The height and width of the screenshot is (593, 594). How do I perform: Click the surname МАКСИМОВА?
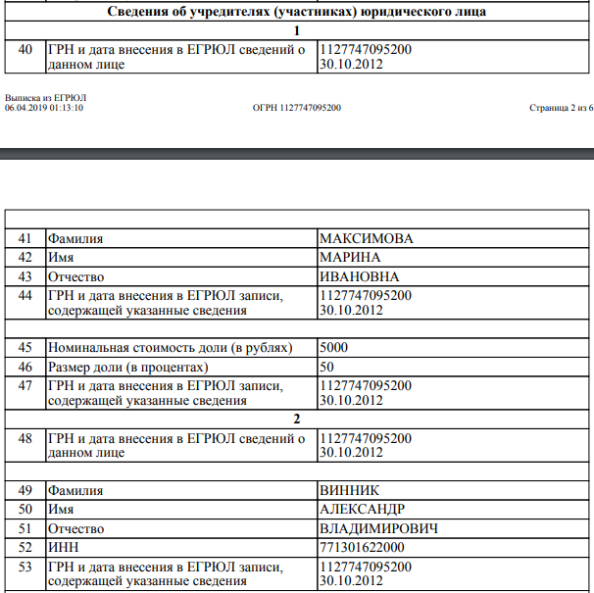click(367, 238)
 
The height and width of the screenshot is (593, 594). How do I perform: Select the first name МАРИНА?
click(350, 257)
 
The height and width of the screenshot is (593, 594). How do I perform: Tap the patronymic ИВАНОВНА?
click(360, 276)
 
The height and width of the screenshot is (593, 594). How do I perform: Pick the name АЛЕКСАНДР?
click(363, 510)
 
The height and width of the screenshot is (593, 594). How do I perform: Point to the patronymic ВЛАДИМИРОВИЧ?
click(378, 529)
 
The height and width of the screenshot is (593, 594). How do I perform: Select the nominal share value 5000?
click(334, 348)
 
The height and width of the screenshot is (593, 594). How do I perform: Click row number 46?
click(25, 367)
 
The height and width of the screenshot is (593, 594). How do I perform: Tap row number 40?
click(25, 50)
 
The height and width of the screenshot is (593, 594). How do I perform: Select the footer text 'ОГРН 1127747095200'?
click(297, 107)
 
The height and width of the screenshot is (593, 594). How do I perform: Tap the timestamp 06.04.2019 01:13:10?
click(44, 107)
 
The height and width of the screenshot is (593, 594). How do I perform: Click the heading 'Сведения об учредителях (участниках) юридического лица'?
click(296, 12)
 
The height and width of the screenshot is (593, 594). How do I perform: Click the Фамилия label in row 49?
click(76, 490)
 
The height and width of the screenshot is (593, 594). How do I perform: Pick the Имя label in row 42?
click(62, 257)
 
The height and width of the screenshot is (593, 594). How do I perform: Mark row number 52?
click(25, 548)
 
